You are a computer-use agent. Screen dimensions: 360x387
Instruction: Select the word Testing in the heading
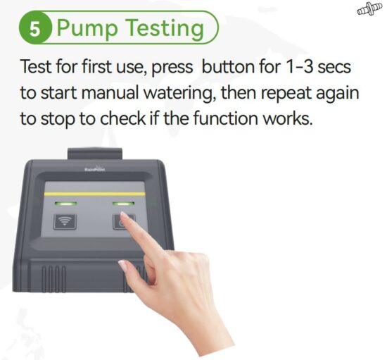coord(165,30)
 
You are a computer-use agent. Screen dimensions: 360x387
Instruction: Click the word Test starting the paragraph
coord(35,70)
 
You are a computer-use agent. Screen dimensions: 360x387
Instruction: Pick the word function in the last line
coord(227,118)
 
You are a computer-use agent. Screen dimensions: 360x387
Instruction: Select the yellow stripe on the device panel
coord(95,193)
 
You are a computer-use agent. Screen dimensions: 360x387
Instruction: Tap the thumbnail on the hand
coord(124,266)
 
